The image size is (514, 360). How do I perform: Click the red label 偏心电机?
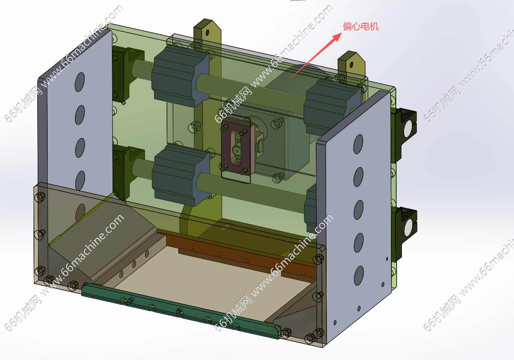pyautogui.click(x=360, y=26)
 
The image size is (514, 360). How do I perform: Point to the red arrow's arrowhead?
pyautogui.click(x=337, y=37)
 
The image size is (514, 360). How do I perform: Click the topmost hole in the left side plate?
pyautogui.click(x=80, y=82)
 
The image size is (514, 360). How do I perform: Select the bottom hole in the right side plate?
pyautogui.click(x=359, y=275)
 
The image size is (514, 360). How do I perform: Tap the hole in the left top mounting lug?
pyautogui.click(x=208, y=33)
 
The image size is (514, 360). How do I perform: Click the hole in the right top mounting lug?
pyautogui.click(x=351, y=65)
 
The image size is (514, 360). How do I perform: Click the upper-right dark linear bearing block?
pyautogui.click(x=332, y=107)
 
